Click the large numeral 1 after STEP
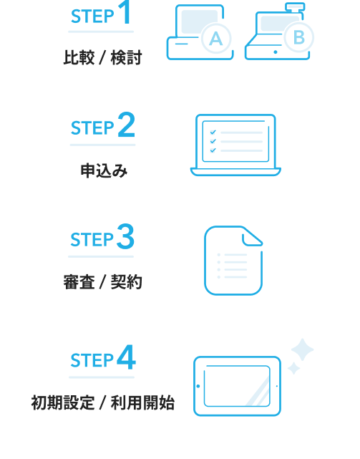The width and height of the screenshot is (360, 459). pos(125,12)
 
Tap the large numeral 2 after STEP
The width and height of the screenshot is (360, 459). pos(127,125)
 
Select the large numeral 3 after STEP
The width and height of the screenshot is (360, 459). pos(126,236)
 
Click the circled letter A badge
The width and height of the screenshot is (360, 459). pos(216,39)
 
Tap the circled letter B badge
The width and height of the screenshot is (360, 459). pos(299,37)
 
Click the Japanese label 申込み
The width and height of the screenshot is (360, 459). pos(104,170)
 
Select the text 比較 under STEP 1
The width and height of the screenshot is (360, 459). pos(79,57)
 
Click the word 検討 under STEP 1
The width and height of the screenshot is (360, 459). pos(126,57)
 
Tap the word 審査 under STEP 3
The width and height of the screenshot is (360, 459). pos(79,282)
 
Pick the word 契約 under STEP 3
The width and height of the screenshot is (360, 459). pos(126,282)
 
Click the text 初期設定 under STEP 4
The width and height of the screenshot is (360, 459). pos(63,403)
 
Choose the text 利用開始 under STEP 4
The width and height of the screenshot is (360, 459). pos(142,403)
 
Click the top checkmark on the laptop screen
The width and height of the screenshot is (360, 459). pos(213,132)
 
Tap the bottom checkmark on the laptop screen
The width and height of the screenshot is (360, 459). pos(213,150)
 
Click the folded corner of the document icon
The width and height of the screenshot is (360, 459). pos(252,239)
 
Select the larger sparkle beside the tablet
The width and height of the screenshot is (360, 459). pos(302,349)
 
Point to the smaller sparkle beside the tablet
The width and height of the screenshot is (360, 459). pos(294,368)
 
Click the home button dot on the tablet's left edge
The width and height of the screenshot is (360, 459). pos(198,386)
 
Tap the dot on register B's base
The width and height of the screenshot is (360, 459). pos(276,52)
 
